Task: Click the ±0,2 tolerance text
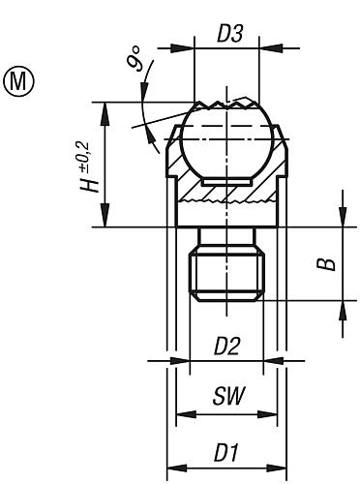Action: pyautogui.click(x=90, y=151)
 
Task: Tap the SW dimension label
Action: pyautogui.click(x=226, y=397)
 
